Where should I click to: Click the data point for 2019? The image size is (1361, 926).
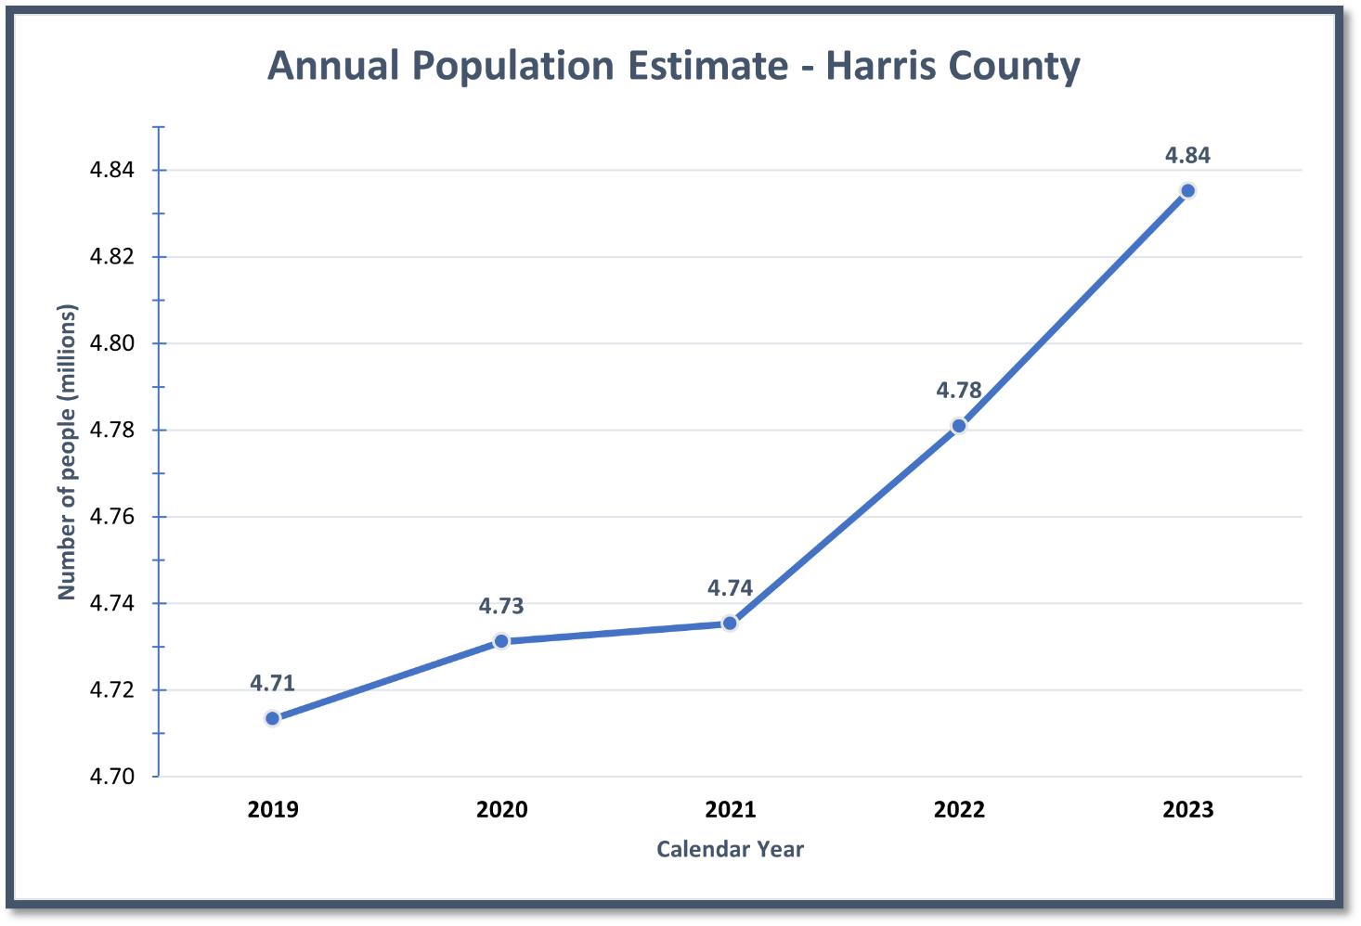pos(272,718)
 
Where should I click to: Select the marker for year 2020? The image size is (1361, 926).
pos(501,641)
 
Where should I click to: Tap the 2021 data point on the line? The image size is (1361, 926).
pos(730,623)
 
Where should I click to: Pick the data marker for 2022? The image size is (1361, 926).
pos(959,426)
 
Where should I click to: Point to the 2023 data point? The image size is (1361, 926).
pos(1187,191)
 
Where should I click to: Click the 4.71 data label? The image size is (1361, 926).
pos(272,684)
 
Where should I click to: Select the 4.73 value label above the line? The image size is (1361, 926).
pos(501,606)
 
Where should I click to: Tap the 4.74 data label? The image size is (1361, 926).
pos(730,587)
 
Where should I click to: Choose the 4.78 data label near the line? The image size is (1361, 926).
pos(959,391)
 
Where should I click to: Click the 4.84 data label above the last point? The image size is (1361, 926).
pos(1187,156)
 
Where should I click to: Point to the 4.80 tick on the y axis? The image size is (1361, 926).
pos(111,343)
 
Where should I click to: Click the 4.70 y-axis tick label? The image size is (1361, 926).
pos(111,777)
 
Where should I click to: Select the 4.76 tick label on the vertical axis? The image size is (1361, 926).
pos(111,517)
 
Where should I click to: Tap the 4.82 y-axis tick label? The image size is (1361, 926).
pos(111,257)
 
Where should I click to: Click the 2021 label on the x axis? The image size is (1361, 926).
pos(730,810)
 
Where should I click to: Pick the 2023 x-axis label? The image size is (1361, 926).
pos(1187,810)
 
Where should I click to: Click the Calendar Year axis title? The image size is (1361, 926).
pos(730,849)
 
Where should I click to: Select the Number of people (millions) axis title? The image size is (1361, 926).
pos(67,452)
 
